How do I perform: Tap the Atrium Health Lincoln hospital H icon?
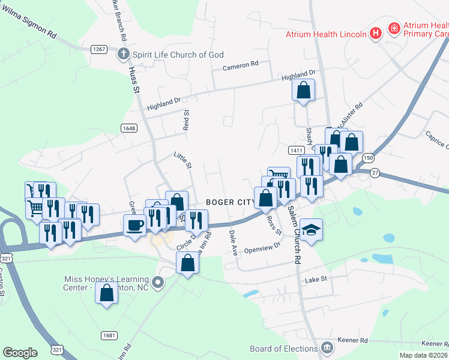[x=376, y=34]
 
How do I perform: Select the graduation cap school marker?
[x=311, y=230]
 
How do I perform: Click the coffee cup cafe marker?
[x=134, y=226]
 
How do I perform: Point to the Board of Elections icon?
[x=327, y=348]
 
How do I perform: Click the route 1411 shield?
[x=295, y=150]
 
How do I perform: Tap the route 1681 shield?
[x=109, y=335]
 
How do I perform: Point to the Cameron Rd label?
[x=240, y=65]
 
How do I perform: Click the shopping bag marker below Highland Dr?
[x=304, y=91]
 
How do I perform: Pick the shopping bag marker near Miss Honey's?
[x=107, y=293]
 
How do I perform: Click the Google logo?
[x=20, y=353]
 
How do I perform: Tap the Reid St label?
[x=186, y=120]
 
